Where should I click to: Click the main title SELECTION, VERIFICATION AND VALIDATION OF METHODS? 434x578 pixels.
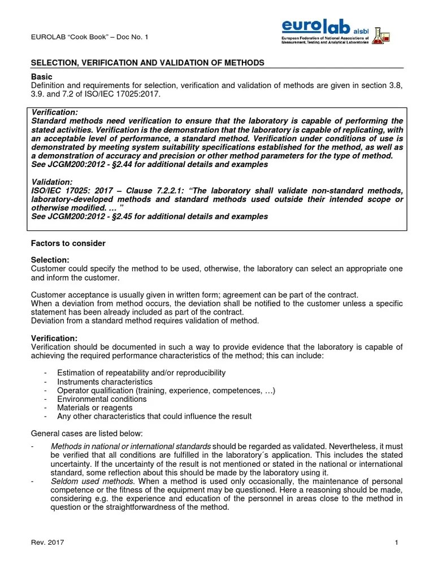click(x=147, y=63)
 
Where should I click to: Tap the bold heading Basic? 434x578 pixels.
click(x=41, y=76)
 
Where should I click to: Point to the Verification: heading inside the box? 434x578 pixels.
click(x=55, y=113)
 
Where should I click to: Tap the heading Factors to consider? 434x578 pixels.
click(x=68, y=243)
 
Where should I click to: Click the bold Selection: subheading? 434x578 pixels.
click(x=50, y=260)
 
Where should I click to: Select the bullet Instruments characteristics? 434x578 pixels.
click(x=105, y=382)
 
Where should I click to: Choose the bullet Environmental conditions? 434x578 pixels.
click(x=102, y=399)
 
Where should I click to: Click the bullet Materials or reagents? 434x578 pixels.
click(x=94, y=408)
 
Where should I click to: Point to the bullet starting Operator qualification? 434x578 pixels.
click(x=166, y=390)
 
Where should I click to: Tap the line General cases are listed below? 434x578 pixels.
click(x=86, y=433)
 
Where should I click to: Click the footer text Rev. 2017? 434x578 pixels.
click(x=47, y=542)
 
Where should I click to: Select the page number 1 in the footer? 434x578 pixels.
click(x=397, y=542)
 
